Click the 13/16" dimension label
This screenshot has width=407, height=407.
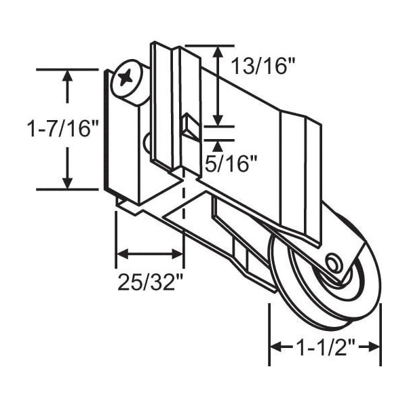click(263, 66)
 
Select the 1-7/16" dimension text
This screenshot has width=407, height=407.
click(62, 128)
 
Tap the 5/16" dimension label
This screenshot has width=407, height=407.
click(231, 163)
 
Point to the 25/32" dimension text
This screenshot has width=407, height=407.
click(151, 282)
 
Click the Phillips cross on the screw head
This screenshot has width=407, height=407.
click(125, 77)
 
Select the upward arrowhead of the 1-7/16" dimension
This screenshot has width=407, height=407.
click(67, 77)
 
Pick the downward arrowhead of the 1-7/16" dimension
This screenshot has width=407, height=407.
click(67, 182)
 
